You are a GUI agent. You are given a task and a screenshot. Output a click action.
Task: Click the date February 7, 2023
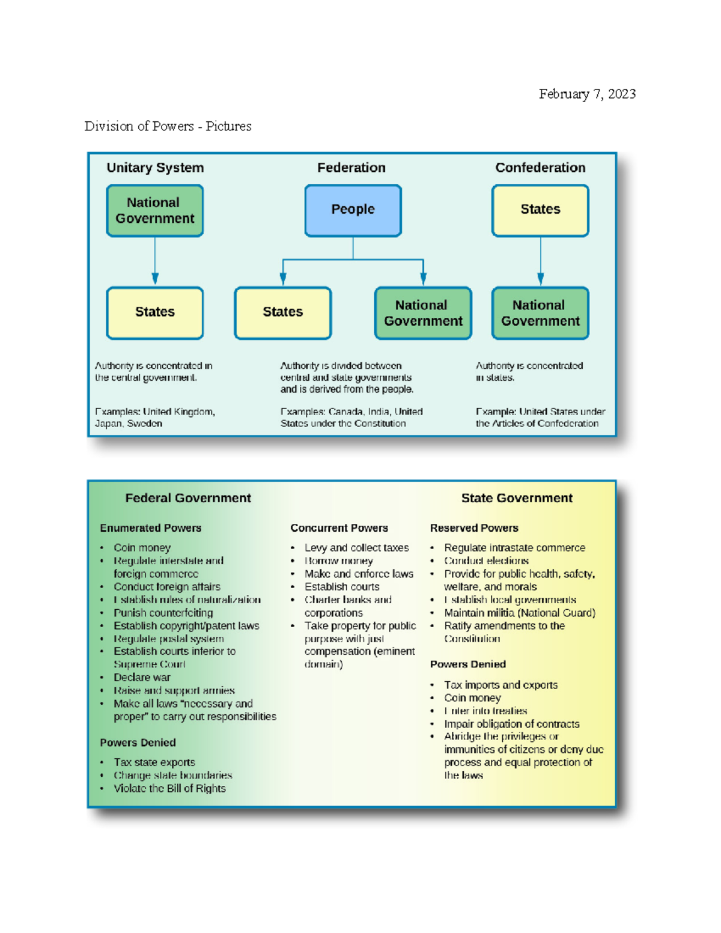(586, 94)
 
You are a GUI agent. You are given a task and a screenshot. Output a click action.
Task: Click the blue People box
(353, 210)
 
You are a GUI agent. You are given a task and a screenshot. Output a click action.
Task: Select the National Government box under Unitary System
(155, 210)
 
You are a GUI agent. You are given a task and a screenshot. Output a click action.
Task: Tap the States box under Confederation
(540, 210)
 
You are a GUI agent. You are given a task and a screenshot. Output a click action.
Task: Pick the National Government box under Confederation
(540, 313)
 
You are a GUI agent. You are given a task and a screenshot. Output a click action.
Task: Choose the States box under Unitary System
(155, 312)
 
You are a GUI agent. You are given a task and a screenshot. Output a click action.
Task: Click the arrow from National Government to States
(155, 262)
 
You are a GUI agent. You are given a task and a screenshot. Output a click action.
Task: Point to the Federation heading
(351, 168)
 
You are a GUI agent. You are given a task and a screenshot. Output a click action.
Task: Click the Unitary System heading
(155, 168)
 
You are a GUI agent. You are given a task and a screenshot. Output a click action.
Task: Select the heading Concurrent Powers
(339, 528)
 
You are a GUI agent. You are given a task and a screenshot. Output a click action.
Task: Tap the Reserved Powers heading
(473, 528)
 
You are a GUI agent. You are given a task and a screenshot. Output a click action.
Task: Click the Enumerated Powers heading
(150, 528)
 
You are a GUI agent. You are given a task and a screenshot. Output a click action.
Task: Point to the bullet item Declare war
(142, 677)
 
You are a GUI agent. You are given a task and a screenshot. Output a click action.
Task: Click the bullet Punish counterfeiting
(163, 613)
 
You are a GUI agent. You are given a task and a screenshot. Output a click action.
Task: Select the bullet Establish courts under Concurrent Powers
(341, 586)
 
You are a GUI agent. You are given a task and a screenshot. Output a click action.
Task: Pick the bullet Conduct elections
(486, 561)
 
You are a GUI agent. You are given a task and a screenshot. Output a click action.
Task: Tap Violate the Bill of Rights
(169, 788)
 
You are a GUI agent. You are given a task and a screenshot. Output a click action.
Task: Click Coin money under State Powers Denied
(472, 697)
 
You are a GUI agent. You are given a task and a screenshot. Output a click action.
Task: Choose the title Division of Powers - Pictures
(168, 126)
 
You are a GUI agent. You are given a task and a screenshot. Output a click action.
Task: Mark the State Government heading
(516, 498)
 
